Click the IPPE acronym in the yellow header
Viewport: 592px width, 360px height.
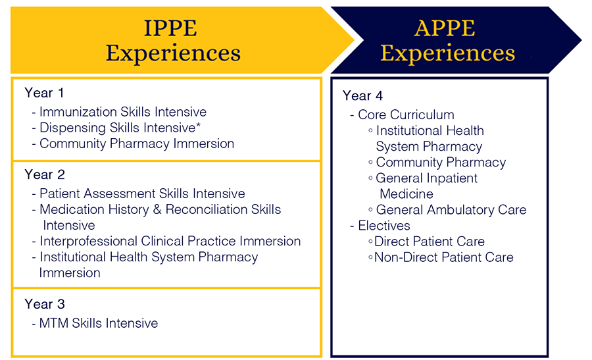[170, 28]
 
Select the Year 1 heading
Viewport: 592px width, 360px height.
[44, 93]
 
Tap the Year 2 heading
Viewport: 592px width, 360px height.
[44, 174]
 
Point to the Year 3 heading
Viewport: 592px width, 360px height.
[44, 304]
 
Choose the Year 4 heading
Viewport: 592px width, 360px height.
[362, 95]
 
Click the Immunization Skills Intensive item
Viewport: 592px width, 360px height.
[122, 112]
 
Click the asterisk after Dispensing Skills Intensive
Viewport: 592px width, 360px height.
[198, 126]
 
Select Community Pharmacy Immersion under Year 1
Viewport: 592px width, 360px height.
[136, 143]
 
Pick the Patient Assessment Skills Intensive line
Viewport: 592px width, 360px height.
[141, 193]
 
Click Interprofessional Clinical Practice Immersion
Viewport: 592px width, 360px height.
[170, 241]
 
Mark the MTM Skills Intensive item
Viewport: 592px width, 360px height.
[98, 323]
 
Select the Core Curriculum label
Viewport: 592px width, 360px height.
[405, 115]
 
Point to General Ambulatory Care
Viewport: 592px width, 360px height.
[451, 210]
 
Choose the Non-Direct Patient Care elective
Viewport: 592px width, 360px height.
[443, 257]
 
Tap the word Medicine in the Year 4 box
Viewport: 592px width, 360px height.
[407, 194]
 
